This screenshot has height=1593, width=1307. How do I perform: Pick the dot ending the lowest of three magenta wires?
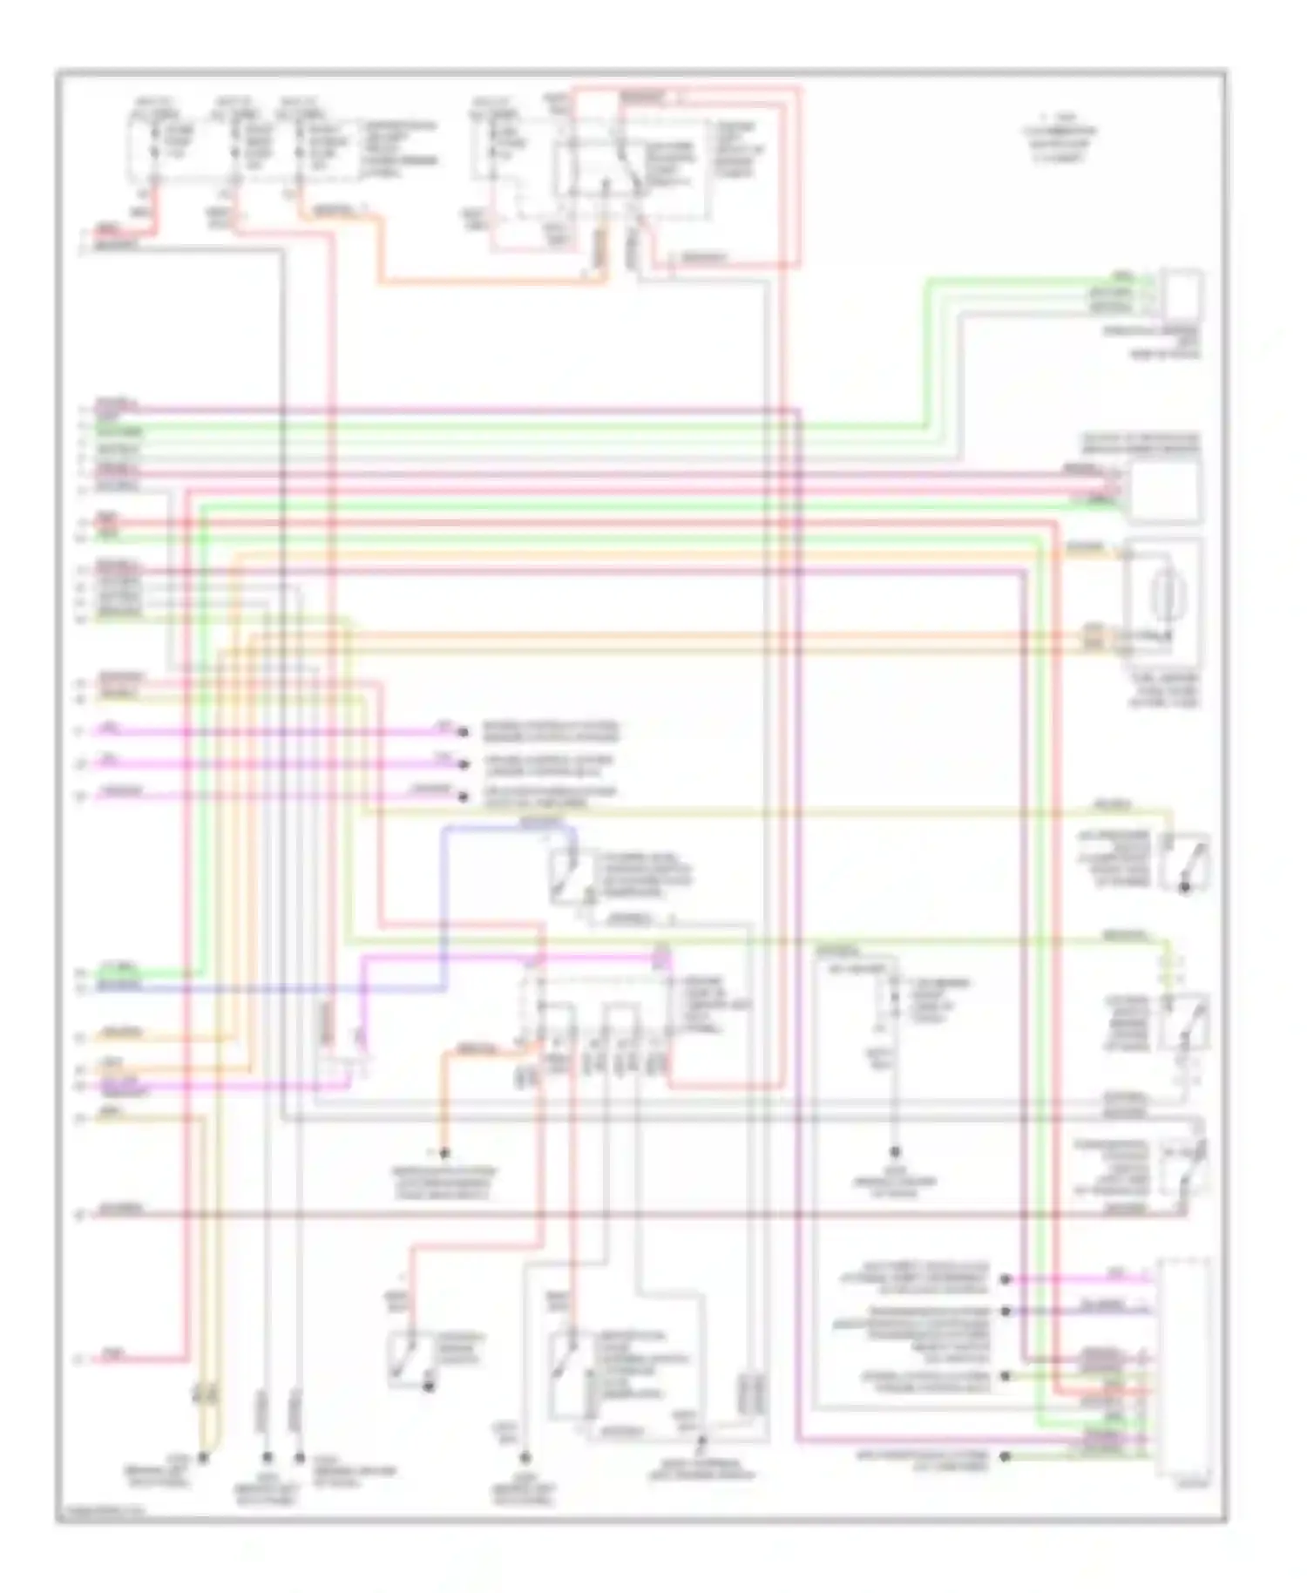463,795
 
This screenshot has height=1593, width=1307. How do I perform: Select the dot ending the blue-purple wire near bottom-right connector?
1006,1310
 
